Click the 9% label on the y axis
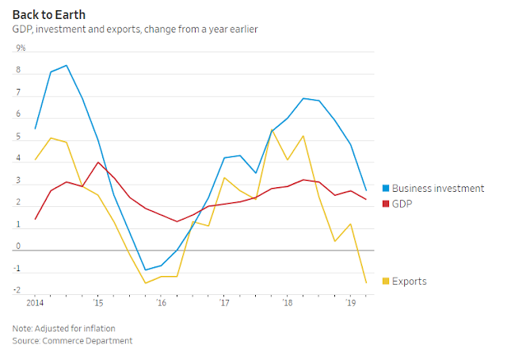(21, 48)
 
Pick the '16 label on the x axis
(161, 304)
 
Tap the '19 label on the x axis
(350, 304)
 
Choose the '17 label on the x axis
(224, 304)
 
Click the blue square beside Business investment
(386, 189)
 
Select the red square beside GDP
(386, 204)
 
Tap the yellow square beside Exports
(386, 281)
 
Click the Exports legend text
(410, 281)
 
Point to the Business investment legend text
(438, 189)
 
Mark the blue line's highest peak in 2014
(66, 65)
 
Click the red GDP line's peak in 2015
(97, 163)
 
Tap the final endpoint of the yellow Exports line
(366, 283)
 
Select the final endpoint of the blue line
(366, 190)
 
